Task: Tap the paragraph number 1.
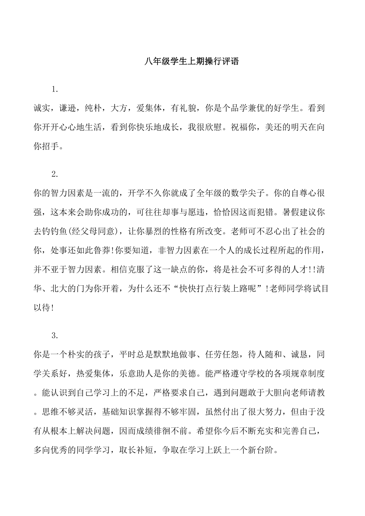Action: click(x=55, y=89)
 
